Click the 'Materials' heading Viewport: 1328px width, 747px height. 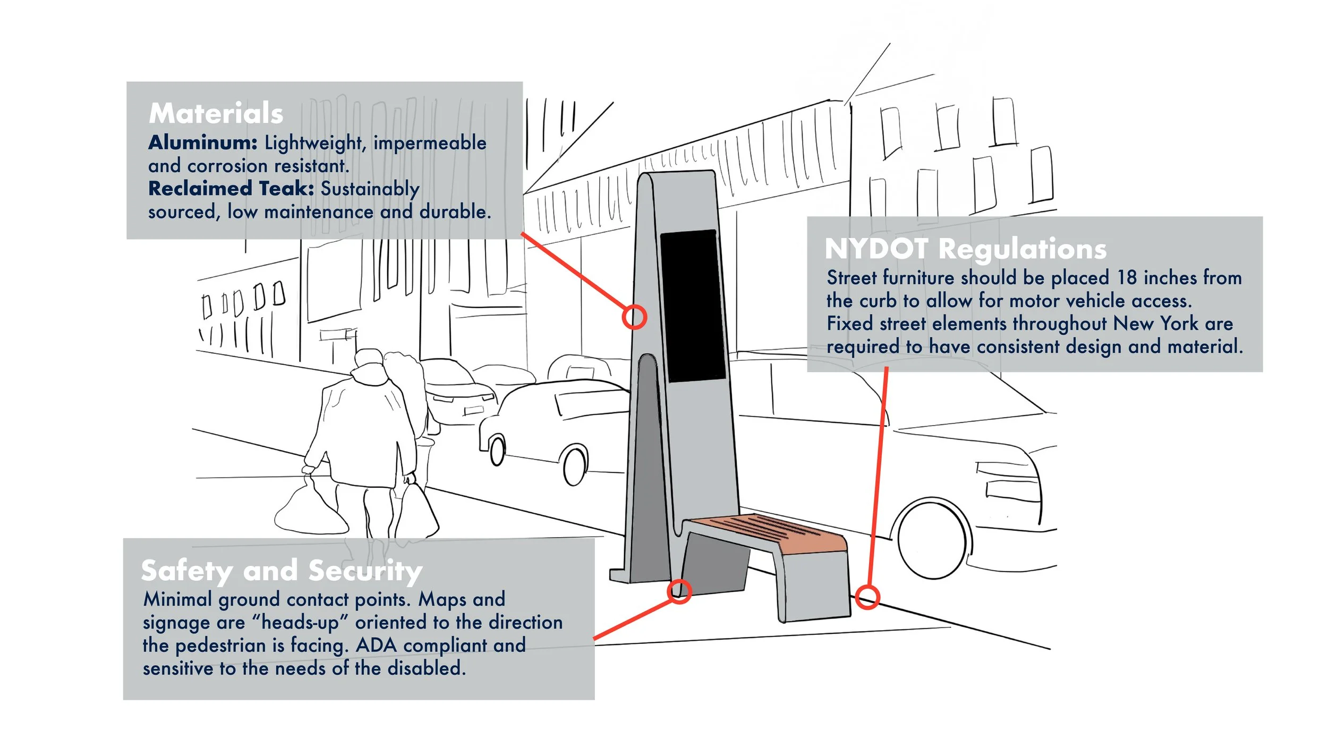(x=216, y=113)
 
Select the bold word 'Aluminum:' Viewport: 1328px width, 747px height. (x=203, y=142)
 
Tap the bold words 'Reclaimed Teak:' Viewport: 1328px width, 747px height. (x=231, y=189)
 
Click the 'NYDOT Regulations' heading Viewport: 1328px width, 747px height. (x=965, y=249)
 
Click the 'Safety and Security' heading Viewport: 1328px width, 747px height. (x=282, y=571)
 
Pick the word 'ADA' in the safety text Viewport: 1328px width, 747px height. (x=376, y=645)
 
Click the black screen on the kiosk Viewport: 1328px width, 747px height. (x=692, y=305)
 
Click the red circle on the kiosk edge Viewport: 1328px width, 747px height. (x=634, y=317)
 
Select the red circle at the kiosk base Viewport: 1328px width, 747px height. (x=679, y=591)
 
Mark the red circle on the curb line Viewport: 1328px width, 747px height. (x=867, y=597)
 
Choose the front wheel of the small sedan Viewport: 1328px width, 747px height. (x=574, y=465)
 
